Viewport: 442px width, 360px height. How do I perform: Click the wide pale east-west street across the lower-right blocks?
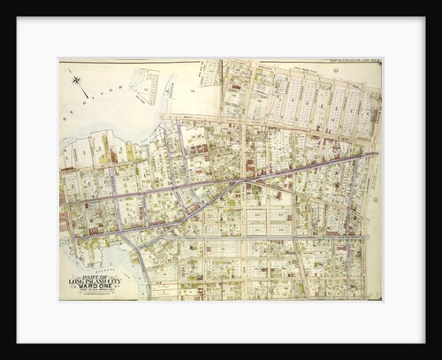tap(292, 237)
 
